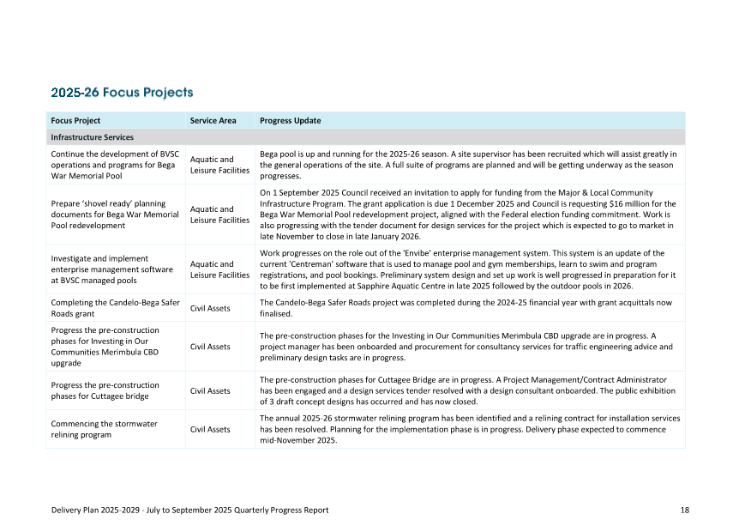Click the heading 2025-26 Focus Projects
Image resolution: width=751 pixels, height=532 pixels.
pos(122,93)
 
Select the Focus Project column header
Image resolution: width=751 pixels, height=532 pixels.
pos(75,121)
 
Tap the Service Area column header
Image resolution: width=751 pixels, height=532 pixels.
pos(213,121)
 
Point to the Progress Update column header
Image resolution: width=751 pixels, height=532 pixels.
pos(291,121)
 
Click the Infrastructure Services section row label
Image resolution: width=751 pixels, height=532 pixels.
pos(92,137)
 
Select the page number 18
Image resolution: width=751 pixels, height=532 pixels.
pos(685,510)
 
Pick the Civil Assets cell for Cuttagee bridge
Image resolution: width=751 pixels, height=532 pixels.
pos(210,391)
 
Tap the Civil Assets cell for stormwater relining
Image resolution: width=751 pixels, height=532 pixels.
pos(210,429)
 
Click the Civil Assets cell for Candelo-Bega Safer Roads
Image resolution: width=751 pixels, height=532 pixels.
pos(210,308)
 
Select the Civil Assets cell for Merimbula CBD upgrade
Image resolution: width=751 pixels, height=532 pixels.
pos(210,347)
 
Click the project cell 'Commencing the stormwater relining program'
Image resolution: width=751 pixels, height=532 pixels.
pos(105,429)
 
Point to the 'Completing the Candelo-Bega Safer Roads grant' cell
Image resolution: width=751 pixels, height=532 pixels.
pos(115,308)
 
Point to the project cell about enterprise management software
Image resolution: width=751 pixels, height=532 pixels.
pos(111,269)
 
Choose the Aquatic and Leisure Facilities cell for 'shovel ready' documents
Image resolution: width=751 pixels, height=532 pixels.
pos(219,215)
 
